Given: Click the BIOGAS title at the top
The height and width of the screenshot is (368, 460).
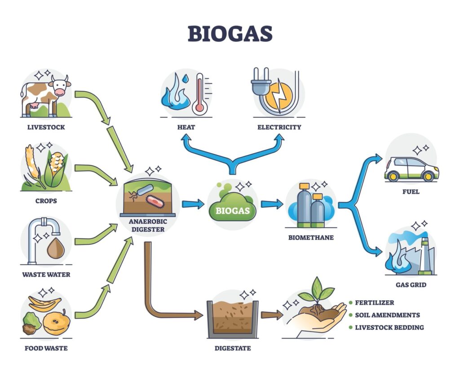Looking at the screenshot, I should (230, 33).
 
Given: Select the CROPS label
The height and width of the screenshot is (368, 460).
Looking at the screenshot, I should (46, 200).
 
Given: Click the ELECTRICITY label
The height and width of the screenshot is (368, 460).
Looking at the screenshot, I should (279, 127).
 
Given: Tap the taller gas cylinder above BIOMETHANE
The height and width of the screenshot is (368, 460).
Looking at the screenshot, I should (304, 204).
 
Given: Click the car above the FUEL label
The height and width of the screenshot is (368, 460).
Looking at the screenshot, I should (411, 169).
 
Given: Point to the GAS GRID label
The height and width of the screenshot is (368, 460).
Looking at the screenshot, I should (411, 285).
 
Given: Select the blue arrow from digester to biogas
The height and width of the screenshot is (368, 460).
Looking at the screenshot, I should (193, 204).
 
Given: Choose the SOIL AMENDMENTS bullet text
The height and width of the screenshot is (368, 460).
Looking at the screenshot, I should (387, 315).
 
